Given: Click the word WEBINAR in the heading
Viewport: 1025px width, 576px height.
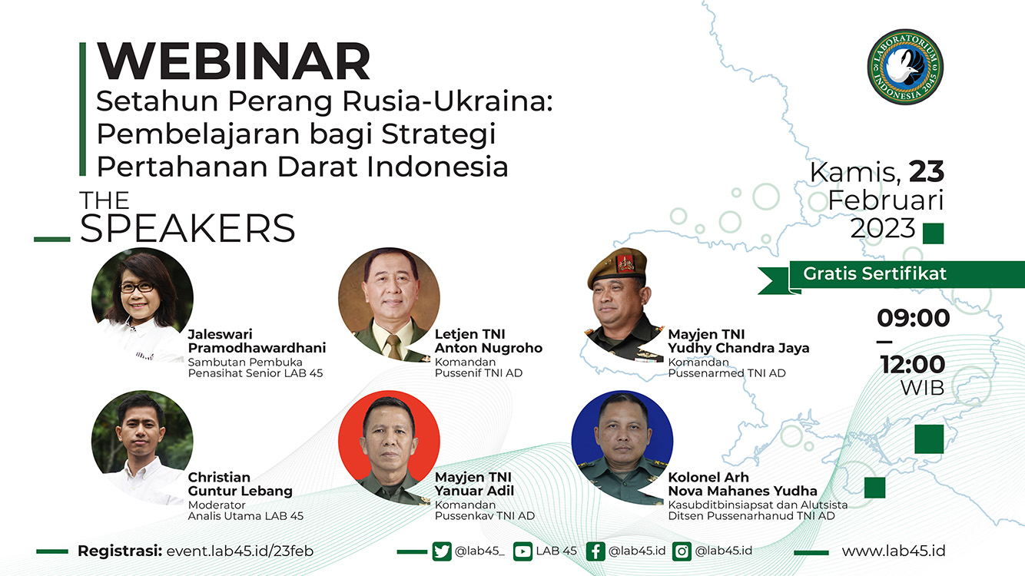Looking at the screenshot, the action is pos(234,61).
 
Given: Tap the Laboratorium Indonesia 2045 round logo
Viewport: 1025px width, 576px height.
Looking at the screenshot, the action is pos(905,68).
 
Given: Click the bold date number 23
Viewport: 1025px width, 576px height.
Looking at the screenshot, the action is pos(927,171).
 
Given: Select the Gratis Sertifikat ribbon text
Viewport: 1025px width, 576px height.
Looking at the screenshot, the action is pos(874,273).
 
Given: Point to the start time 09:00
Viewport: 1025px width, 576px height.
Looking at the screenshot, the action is pos(914,318).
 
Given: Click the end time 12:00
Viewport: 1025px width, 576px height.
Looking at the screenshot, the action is pos(913,365).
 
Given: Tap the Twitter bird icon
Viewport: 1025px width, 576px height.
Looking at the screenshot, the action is pos(442,551).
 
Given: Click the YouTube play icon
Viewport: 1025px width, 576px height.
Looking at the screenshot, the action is pos(522,551).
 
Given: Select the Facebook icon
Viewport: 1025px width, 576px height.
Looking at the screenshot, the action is pos(595,551).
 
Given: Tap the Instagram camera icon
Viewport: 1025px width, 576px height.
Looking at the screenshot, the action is pos(682,551).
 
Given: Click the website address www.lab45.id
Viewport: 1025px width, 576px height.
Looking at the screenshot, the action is pos(893,551).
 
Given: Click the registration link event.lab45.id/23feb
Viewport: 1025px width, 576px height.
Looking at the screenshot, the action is pos(240,551).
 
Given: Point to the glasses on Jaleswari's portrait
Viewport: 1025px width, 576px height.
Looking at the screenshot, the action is pos(137,288).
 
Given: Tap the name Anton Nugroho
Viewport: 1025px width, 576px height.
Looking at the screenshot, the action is pos(488,348).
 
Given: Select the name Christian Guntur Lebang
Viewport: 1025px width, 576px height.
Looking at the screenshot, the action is pos(240,484).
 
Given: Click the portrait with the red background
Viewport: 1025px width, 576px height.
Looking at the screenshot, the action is pos(389,447).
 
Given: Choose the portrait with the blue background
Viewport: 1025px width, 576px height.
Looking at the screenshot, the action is pos(622,447).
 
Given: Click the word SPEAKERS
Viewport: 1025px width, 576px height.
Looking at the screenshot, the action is pos(187,228).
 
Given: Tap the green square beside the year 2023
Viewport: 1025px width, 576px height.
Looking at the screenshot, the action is pos(933,233).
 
